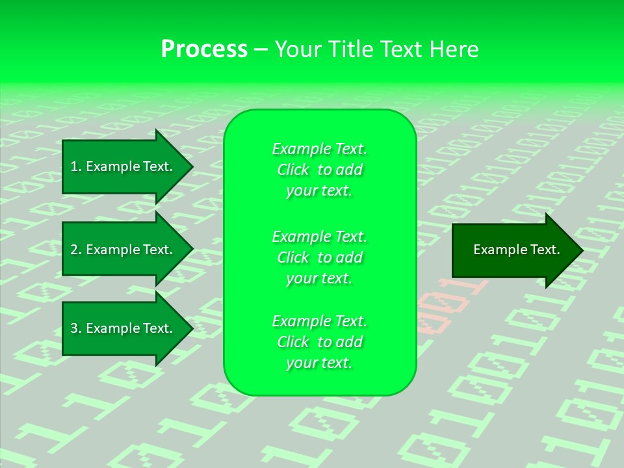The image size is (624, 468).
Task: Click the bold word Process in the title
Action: click(204, 49)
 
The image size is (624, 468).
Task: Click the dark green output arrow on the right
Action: click(513, 250)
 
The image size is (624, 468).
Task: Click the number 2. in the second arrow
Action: click(75, 250)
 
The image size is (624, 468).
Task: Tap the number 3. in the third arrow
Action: click(75, 328)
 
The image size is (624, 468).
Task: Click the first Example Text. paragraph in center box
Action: click(319, 170)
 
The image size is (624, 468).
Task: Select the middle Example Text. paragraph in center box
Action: click(319, 257)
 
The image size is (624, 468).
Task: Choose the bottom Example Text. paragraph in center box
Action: click(319, 342)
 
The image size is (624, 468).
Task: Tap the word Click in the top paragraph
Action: click(292, 170)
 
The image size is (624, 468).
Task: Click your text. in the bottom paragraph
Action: click(319, 363)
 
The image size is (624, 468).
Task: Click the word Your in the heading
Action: click(298, 49)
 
